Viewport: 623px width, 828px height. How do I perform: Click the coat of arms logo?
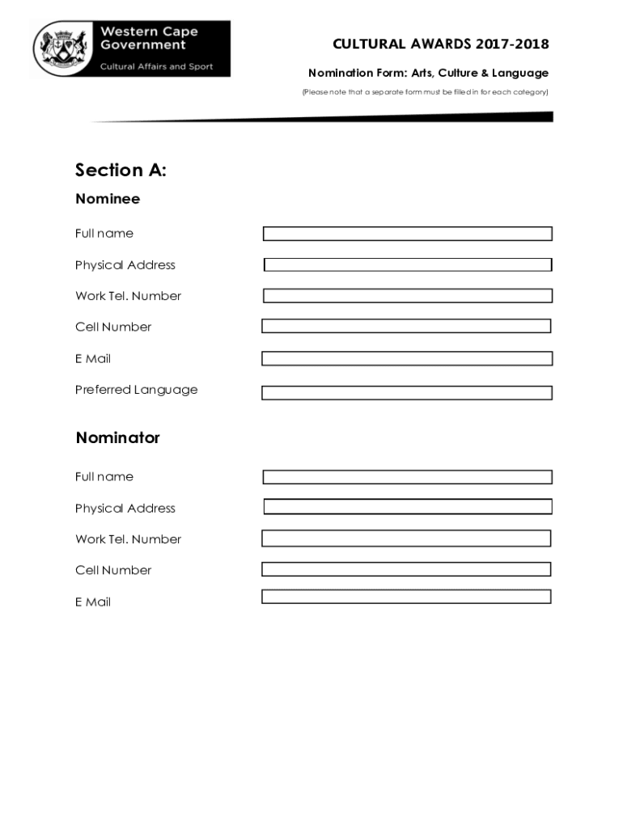(61, 49)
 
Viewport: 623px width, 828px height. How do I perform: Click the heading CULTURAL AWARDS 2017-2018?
(440, 44)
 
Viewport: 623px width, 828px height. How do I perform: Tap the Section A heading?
(121, 170)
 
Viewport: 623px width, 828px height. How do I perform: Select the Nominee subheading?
(108, 199)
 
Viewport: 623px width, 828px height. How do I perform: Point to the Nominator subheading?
(118, 437)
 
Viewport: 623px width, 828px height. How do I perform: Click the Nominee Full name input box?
(407, 234)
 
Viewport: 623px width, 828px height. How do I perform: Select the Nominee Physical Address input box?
(407, 264)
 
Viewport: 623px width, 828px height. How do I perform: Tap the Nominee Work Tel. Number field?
(407, 296)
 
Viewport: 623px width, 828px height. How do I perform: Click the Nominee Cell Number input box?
(406, 326)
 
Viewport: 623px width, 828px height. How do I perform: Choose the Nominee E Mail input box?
(406, 358)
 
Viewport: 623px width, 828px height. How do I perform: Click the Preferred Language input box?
(406, 393)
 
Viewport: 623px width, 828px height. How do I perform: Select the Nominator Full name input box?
(407, 477)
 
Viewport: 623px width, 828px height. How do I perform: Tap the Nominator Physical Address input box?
(407, 507)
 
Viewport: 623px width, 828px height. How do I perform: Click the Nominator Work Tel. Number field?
(406, 539)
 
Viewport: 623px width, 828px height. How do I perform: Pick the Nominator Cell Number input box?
(406, 569)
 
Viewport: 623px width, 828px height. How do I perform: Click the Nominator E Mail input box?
(406, 597)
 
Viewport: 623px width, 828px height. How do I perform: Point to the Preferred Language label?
(136, 390)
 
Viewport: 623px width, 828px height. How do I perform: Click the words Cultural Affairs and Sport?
(156, 66)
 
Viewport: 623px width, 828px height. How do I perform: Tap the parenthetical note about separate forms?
(425, 92)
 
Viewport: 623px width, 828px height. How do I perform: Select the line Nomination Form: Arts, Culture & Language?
(428, 74)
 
